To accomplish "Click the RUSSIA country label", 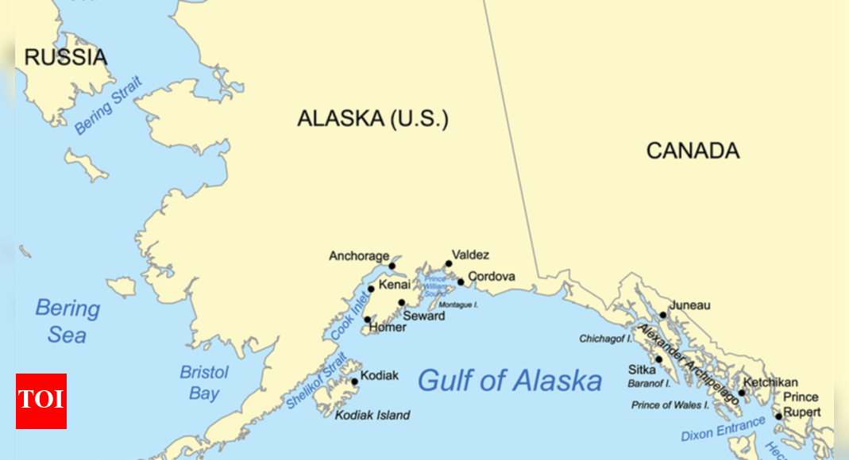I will tap(65, 57).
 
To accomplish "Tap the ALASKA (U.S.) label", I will tap(372, 119).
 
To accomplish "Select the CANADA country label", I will tap(692, 151).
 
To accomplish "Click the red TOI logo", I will tap(41, 401).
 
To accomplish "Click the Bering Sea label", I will tap(68, 321).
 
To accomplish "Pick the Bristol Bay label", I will tap(204, 382).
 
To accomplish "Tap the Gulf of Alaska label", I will tap(509, 381).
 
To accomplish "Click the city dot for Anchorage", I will tap(392, 266).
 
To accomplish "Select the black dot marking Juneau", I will tap(663, 315).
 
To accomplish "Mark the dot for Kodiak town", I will tap(355, 381).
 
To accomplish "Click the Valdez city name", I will tap(470, 255).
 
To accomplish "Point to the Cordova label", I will tap(491, 277).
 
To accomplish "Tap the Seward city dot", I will tap(402, 302).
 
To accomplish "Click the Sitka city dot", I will tap(658, 358).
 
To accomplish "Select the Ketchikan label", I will tap(770, 382).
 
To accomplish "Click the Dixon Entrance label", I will tap(724, 429).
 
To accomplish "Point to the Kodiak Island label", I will tap(372, 415).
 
